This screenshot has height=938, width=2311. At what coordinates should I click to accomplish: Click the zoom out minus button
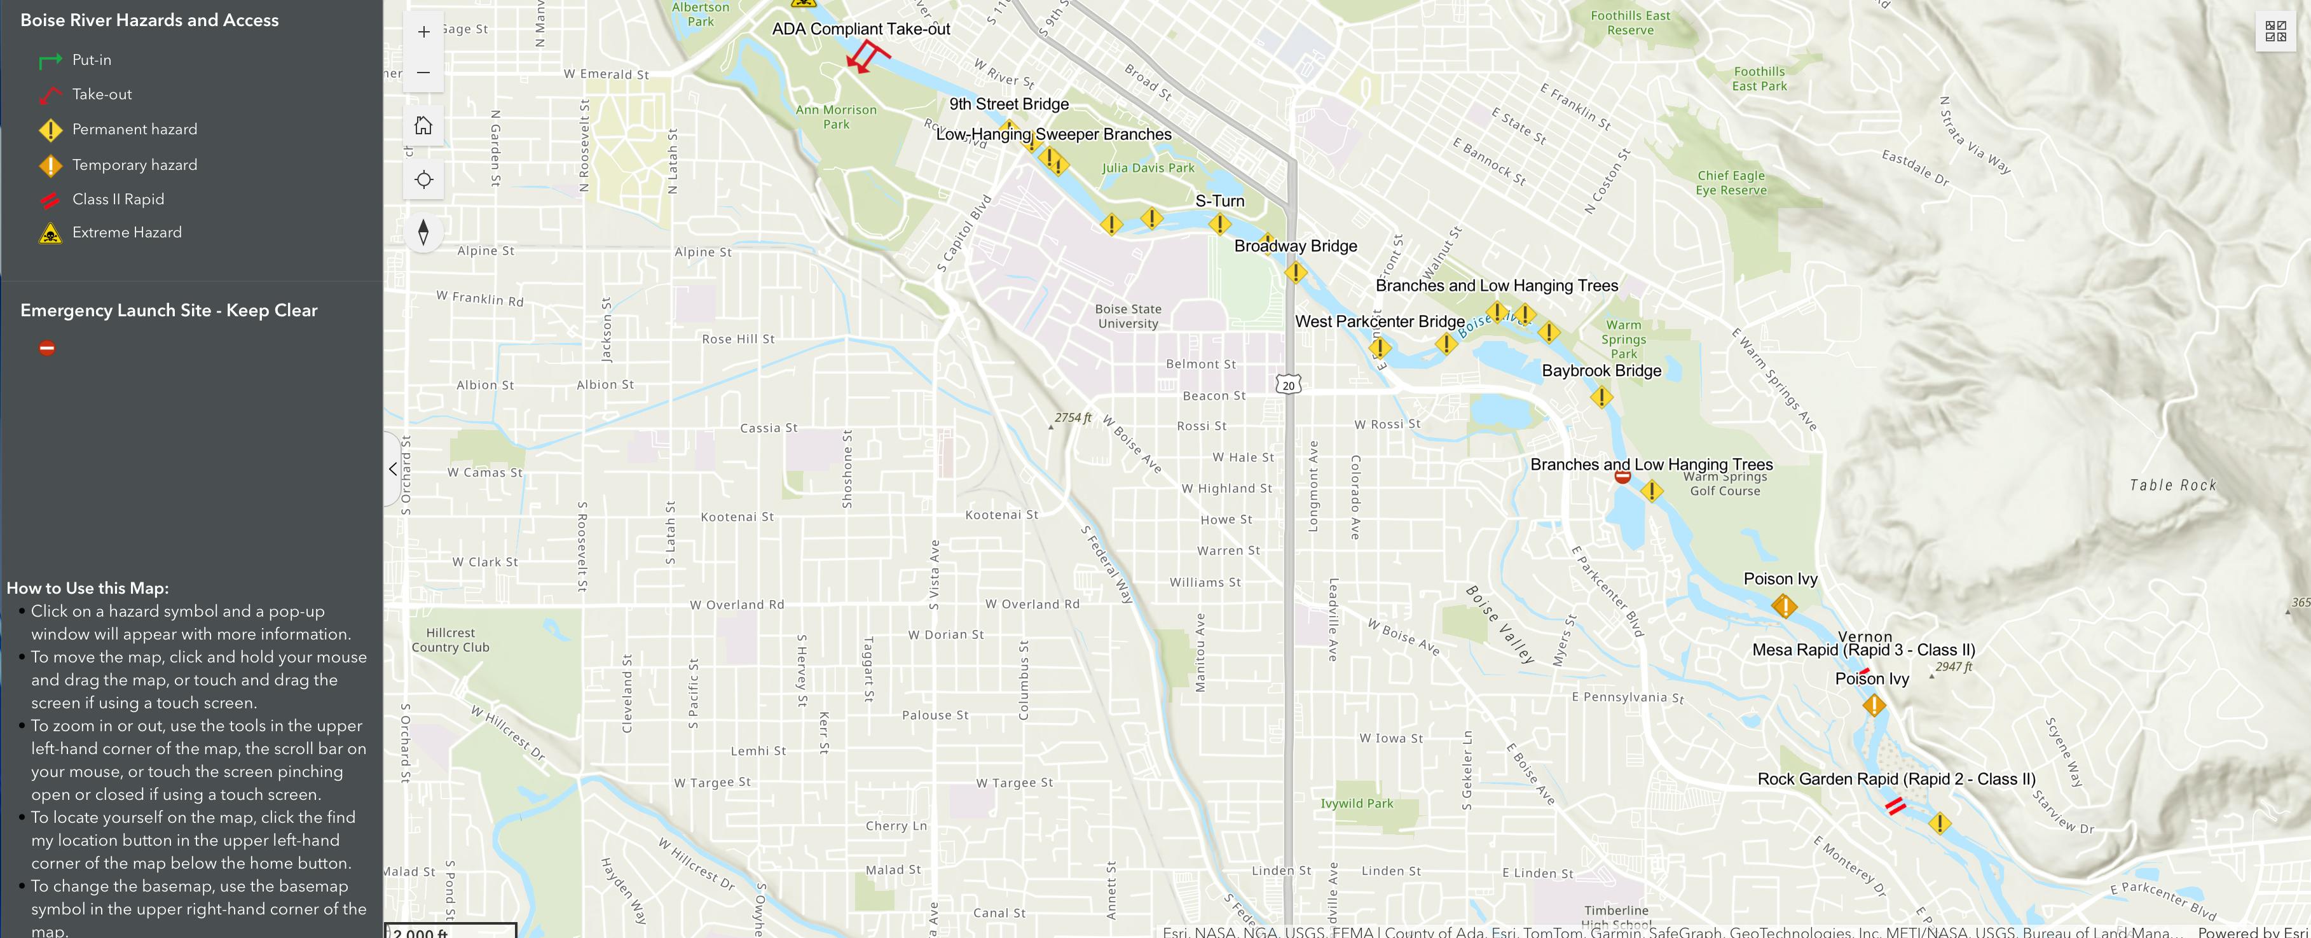coord(423,73)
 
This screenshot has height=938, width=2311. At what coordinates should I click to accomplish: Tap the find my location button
coord(423,179)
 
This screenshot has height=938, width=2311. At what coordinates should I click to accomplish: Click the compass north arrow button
coord(423,232)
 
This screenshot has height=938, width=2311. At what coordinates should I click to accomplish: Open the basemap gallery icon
coord(2275,31)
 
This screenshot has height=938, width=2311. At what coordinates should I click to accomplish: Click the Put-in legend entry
coord(91,60)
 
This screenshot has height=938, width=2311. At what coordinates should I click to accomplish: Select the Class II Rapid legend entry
coord(118,199)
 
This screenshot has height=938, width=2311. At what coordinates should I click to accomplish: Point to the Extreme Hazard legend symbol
coord(51,234)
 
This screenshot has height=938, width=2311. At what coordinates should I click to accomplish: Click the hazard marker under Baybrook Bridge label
coord(1601,396)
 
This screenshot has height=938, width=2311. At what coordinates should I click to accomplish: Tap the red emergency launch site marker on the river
coord(1622,477)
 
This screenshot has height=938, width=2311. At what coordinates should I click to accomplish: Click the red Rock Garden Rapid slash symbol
coord(1895,806)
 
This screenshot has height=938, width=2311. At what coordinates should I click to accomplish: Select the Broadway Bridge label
coord(1296,246)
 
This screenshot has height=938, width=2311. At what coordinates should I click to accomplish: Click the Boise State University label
coord(1128,316)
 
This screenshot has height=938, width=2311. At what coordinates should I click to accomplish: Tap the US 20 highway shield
coord(1288,385)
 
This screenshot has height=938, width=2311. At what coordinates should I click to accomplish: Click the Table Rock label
coord(2172,486)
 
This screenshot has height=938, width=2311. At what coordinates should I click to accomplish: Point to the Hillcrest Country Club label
coord(450,640)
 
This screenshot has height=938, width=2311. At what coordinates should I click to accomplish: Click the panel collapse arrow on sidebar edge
coord(393,468)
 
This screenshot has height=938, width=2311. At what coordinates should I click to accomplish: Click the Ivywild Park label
coord(1357,803)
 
